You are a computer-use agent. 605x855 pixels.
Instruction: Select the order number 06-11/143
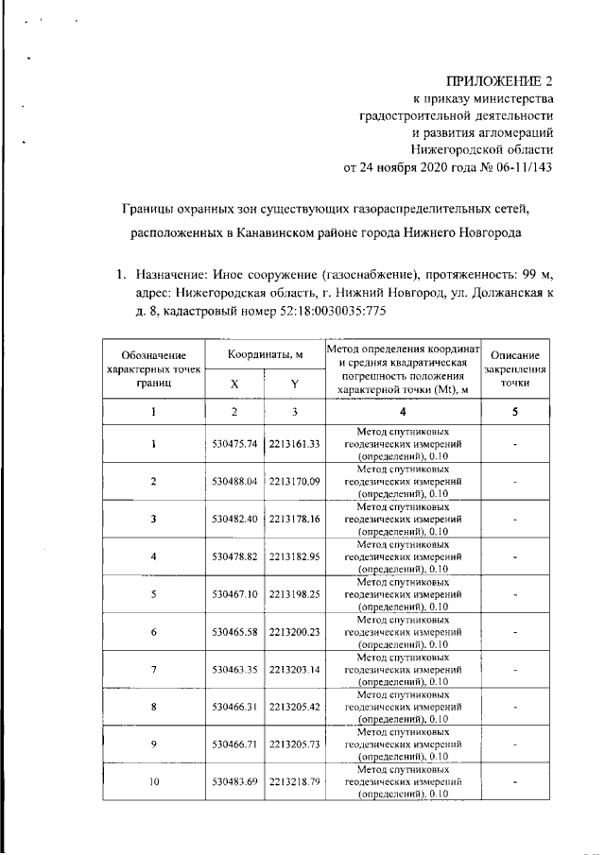(518, 167)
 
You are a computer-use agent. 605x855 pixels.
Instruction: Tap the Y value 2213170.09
(294, 481)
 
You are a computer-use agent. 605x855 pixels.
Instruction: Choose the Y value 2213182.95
(294, 556)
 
